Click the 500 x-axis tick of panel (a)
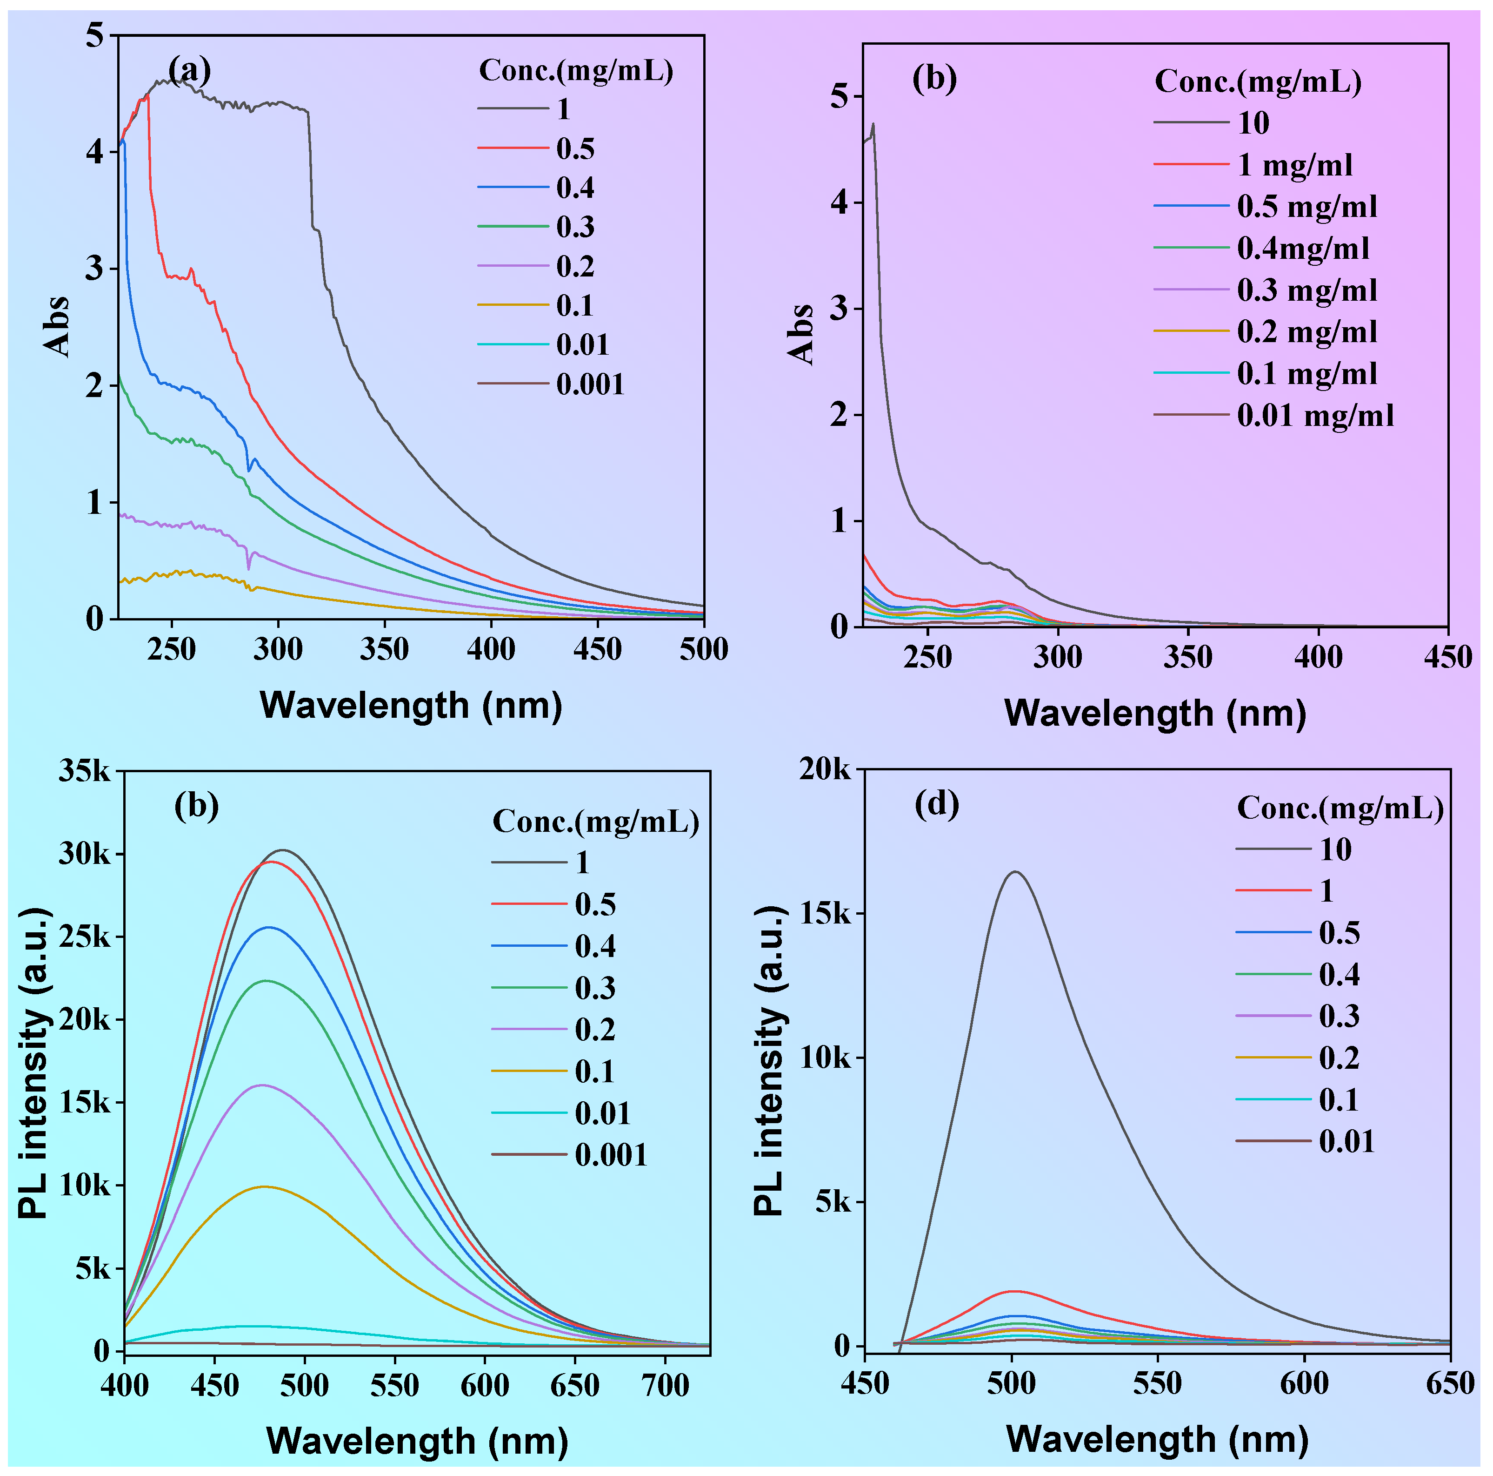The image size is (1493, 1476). click(703, 649)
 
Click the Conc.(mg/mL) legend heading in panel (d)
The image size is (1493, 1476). click(1340, 808)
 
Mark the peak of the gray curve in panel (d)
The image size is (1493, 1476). click(1015, 872)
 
